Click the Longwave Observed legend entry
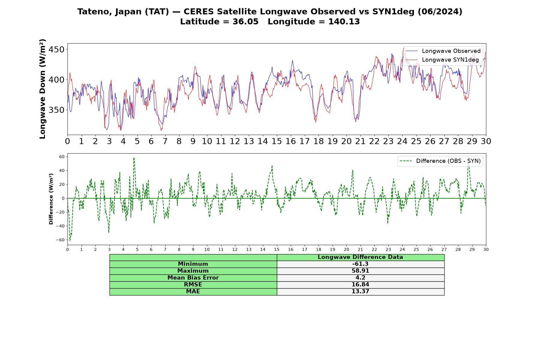[x=443, y=51]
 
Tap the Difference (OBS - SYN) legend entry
[x=440, y=161]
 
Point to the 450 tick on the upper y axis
[x=57, y=49]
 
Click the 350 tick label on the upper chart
[x=57, y=110]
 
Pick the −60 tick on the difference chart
[x=60, y=240]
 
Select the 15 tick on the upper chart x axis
[x=277, y=141]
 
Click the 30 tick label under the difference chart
[x=486, y=250]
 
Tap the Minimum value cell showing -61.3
[x=360, y=264]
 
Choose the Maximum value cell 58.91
[x=360, y=271]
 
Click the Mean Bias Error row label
[x=193, y=278]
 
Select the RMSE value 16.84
[x=360, y=285]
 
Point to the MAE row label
[x=193, y=292]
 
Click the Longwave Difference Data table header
[x=360, y=257]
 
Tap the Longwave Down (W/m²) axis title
[x=43, y=89]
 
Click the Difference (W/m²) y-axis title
[x=51, y=199]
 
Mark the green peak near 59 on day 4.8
[x=134, y=158]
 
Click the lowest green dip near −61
[x=70, y=240]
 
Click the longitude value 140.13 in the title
[x=344, y=22]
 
